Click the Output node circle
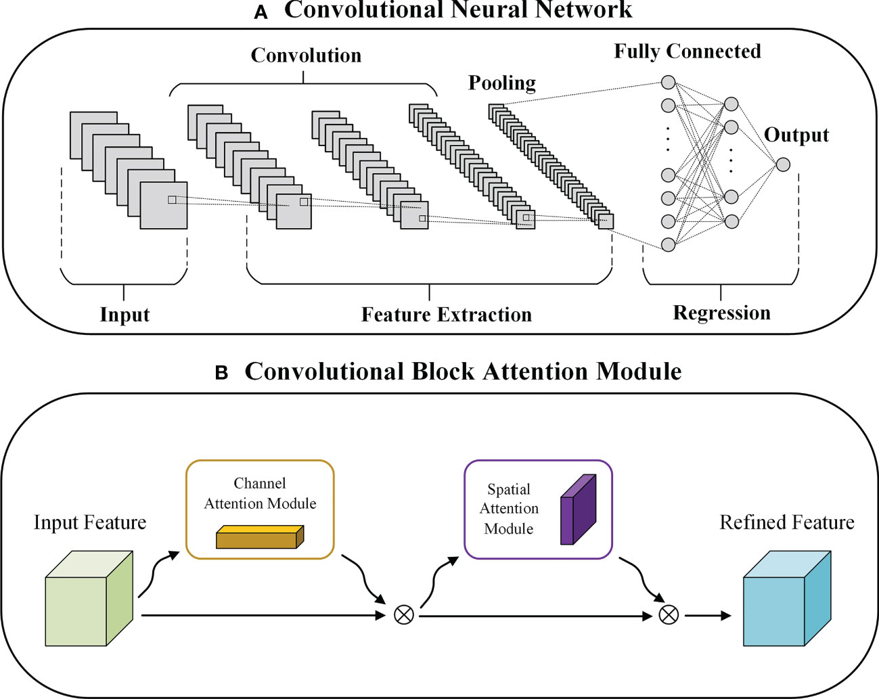coord(783,164)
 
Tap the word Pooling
coord(502,83)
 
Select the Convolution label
coord(306,55)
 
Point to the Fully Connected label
coord(688,52)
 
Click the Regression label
coord(722,313)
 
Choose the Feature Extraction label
coord(447,315)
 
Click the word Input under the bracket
coord(125,315)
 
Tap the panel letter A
coord(261,13)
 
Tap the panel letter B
coord(221,373)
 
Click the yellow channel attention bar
coord(260,537)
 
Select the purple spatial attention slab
coord(578,510)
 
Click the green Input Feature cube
coord(89,598)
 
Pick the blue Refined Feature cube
coord(787,598)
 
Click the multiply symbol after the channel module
coord(403,615)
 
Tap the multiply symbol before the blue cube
coord(669,615)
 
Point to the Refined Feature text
coord(787,522)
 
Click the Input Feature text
coord(90,522)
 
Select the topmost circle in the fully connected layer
coord(668,82)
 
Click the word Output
coord(796,135)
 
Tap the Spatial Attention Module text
coord(509,509)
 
